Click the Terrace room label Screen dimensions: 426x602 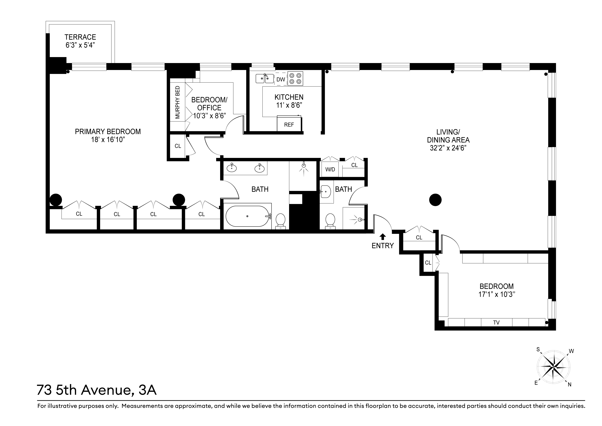coord(80,37)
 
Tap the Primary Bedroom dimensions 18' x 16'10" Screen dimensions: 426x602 coord(107,140)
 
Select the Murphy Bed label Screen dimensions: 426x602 coord(177,102)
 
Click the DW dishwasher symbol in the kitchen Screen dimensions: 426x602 coord(281,79)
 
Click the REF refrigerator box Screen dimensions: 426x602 coord(289,125)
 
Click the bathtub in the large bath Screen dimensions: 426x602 coord(247,216)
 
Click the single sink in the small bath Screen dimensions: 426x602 coord(325,192)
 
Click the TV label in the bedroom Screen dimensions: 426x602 coord(496,323)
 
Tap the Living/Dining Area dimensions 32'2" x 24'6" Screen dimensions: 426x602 coord(448,148)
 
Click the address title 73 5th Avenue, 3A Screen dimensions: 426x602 coord(97,390)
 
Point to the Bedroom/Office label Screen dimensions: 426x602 coord(209,104)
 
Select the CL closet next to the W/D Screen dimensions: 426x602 coord(354,165)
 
